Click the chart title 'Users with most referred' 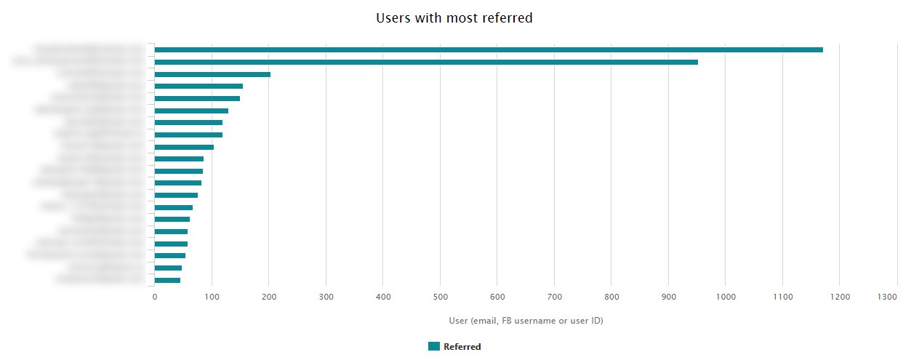(x=454, y=18)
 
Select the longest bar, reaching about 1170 (x=489, y=49)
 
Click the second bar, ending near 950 (x=426, y=62)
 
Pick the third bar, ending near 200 (x=212, y=74)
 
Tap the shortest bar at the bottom (x=167, y=280)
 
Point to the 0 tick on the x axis (x=154, y=297)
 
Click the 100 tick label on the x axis (x=212, y=297)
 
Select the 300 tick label (x=326, y=297)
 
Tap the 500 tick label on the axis (x=440, y=297)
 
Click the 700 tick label (x=554, y=297)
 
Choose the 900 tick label (x=668, y=297)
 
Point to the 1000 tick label (x=726, y=297)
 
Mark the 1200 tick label (x=840, y=297)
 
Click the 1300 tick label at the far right (x=887, y=297)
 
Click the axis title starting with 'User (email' (x=526, y=321)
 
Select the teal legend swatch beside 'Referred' (x=434, y=346)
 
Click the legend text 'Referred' (x=462, y=347)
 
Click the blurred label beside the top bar (x=89, y=49)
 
